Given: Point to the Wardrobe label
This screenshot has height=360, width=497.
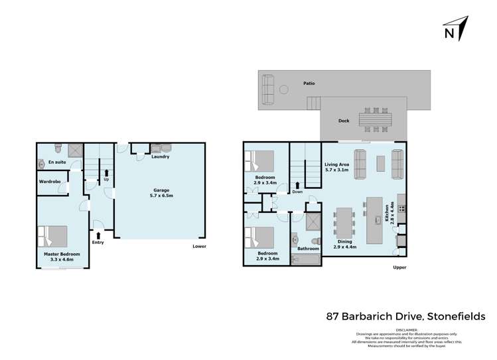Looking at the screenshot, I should [x=50, y=181].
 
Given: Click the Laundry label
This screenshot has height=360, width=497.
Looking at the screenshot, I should [x=160, y=157].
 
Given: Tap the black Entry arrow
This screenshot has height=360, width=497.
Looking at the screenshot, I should [x=98, y=234].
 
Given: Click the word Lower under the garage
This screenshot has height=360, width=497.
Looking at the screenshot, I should [x=199, y=247].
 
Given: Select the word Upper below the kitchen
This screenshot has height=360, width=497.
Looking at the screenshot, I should [x=398, y=268].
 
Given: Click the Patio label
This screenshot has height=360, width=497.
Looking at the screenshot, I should [x=309, y=84].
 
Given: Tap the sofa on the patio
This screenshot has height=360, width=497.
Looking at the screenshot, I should [x=267, y=90].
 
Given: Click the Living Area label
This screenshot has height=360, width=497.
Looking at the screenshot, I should [x=337, y=167].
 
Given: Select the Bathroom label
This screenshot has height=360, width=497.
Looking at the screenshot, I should [x=309, y=249].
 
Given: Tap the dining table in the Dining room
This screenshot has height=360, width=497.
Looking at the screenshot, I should [x=345, y=223].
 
